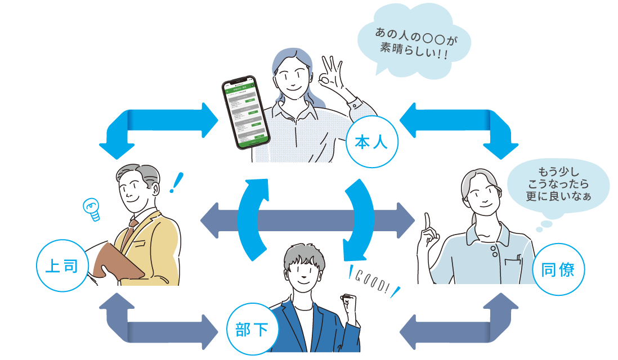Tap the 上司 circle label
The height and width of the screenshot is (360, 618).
61,266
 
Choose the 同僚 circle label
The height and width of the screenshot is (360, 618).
557,269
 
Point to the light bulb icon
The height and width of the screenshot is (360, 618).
90,209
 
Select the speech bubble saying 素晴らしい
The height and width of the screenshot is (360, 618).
414,42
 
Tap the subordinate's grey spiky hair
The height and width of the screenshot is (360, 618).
301,256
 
